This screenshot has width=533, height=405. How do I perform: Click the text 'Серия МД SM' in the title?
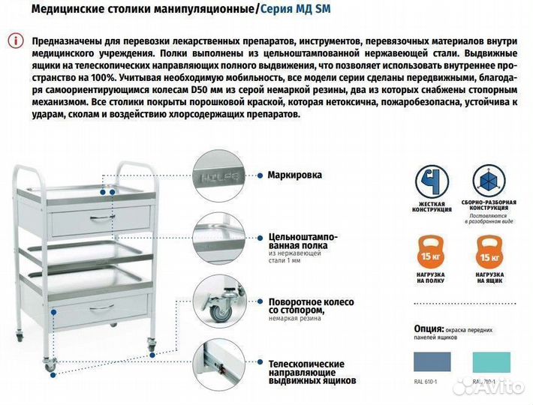tap(294, 9)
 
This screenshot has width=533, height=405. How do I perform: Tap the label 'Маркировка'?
tap(294, 175)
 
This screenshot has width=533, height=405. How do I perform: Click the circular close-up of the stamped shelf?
tap(220, 238)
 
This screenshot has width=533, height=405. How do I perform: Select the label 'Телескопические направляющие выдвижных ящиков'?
tap(312, 371)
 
